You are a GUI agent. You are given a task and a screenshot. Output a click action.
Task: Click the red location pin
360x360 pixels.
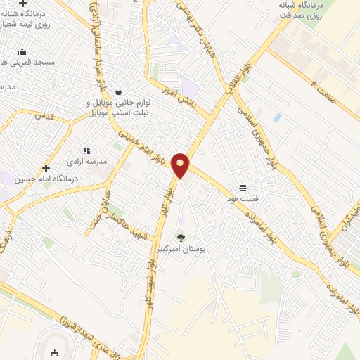181,165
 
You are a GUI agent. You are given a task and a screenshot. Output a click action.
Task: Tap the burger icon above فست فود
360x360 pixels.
243,187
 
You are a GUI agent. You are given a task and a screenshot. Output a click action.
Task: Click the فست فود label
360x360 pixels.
243,198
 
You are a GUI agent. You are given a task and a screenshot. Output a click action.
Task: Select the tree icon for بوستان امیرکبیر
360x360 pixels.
181,238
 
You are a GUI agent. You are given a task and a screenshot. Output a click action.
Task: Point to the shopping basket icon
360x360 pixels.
118,91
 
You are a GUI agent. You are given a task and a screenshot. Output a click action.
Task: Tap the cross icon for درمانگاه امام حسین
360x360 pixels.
46,168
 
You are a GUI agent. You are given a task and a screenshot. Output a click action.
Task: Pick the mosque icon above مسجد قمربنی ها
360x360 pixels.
22,51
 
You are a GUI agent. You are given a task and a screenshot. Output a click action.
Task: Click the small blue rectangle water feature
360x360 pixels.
276,117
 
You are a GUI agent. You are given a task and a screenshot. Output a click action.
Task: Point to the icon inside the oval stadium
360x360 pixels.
55,352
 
